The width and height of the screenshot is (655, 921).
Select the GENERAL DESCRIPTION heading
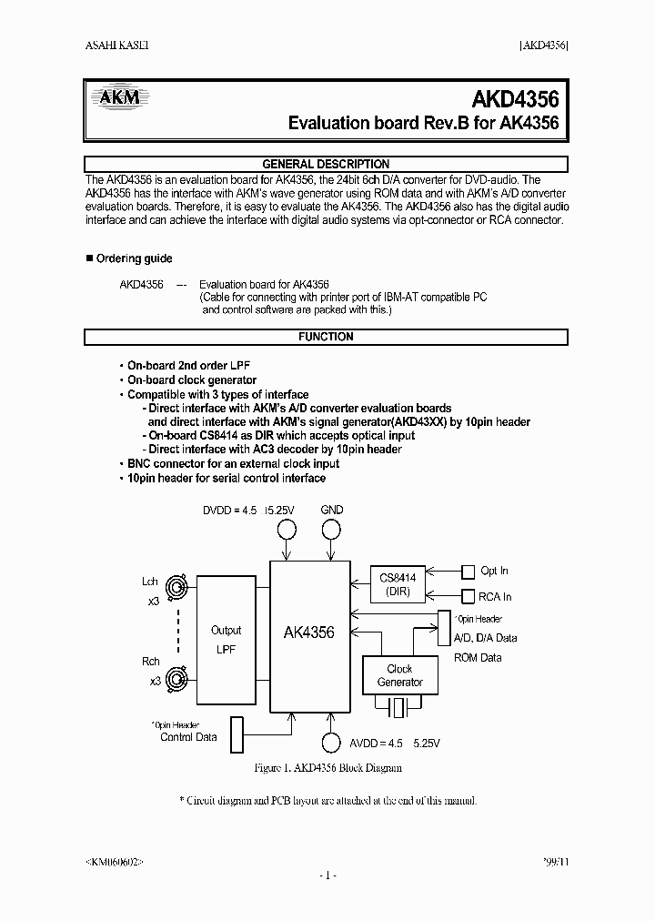click(326, 164)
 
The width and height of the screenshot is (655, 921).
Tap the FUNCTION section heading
click(326, 337)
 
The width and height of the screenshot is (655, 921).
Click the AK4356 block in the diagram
click(309, 633)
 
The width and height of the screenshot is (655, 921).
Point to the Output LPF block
click(227, 639)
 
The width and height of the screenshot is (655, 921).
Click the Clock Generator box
click(399, 675)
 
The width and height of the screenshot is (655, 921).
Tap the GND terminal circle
click(332, 531)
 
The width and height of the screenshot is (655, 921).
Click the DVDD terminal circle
click(288, 531)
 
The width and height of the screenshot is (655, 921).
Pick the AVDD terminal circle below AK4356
click(332, 743)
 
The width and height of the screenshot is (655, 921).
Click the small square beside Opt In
click(469, 572)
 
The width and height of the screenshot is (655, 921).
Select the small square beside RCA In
click(469, 597)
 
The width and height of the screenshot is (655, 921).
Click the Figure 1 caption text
click(327, 768)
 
